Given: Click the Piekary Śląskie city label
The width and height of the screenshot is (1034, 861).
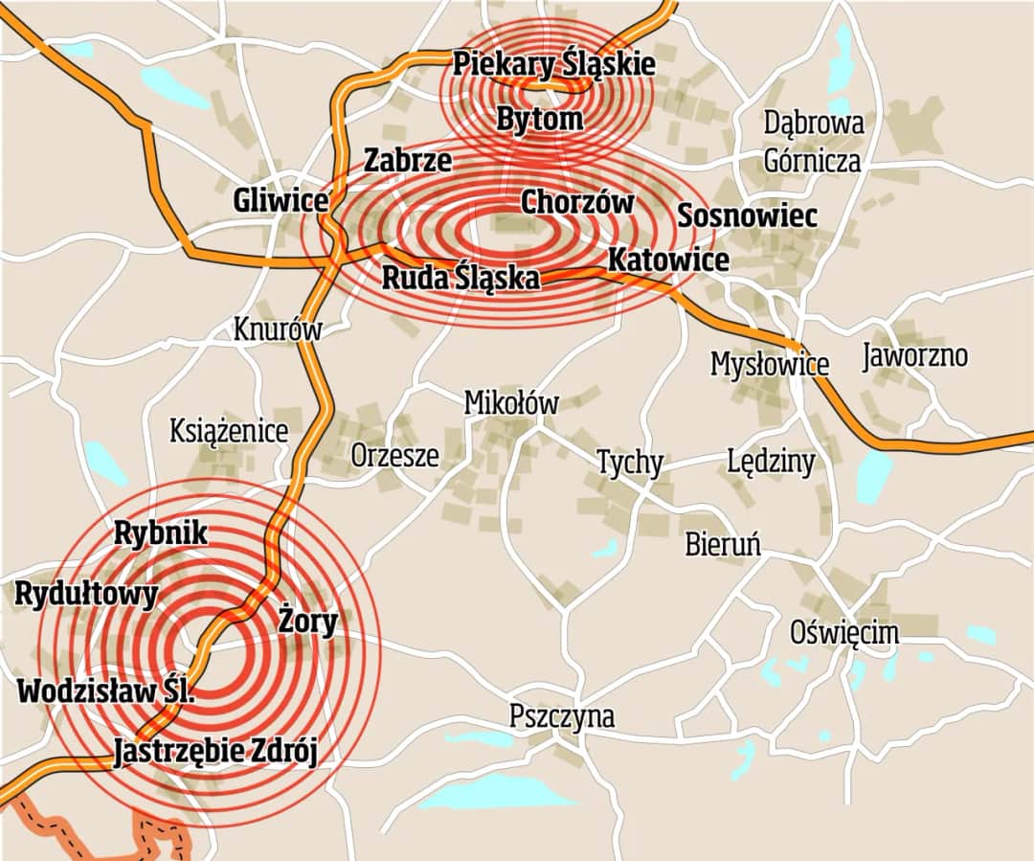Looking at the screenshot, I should pyautogui.click(x=554, y=65).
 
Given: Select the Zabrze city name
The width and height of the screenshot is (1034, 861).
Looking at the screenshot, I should pyautogui.click(x=407, y=160).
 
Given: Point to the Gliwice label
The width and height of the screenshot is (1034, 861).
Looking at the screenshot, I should pyautogui.click(x=281, y=202).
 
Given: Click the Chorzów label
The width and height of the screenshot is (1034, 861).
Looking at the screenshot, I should pyautogui.click(x=576, y=203).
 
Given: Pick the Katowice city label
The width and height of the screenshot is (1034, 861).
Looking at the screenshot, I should pyautogui.click(x=668, y=260).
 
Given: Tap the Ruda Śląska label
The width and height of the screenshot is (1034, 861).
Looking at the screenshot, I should pyautogui.click(x=461, y=279).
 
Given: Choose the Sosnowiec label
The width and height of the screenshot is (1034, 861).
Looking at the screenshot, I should pyautogui.click(x=747, y=216).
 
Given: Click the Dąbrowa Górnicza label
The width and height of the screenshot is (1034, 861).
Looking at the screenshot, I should pyautogui.click(x=813, y=142).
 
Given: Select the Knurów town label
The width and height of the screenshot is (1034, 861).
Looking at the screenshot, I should pyautogui.click(x=278, y=329).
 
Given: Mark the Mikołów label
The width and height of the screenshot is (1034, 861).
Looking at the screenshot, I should pyautogui.click(x=510, y=403).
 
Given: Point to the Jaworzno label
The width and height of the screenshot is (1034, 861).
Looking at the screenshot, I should pyautogui.click(x=914, y=356).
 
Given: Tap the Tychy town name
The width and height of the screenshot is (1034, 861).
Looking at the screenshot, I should pyautogui.click(x=629, y=463).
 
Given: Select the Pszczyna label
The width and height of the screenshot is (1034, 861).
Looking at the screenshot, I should pyautogui.click(x=562, y=716).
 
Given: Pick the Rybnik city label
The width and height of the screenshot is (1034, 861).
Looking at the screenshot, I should pyautogui.click(x=160, y=533).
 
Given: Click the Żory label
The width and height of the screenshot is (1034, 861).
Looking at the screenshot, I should pyautogui.click(x=308, y=623).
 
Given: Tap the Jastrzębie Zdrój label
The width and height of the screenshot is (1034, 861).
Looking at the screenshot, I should pyautogui.click(x=214, y=752).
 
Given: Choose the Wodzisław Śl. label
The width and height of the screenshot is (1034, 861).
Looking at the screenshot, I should pyautogui.click(x=105, y=691).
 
